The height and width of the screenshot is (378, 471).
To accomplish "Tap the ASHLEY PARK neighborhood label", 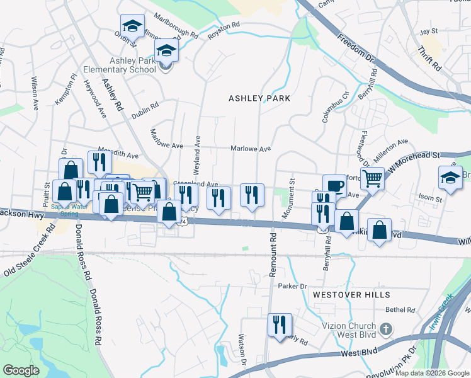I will click(259, 98).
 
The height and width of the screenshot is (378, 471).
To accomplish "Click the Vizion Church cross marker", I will click(387, 329).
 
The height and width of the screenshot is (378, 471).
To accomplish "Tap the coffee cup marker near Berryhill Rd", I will click(334, 186).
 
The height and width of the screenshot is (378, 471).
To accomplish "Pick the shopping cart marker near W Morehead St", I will click(372, 178).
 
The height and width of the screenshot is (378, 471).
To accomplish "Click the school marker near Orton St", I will click(132, 26).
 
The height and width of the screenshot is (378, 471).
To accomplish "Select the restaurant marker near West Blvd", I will click(280, 325).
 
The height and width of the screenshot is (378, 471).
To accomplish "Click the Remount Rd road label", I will click(273, 258).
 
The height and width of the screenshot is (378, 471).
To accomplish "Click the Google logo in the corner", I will click(21, 370).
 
